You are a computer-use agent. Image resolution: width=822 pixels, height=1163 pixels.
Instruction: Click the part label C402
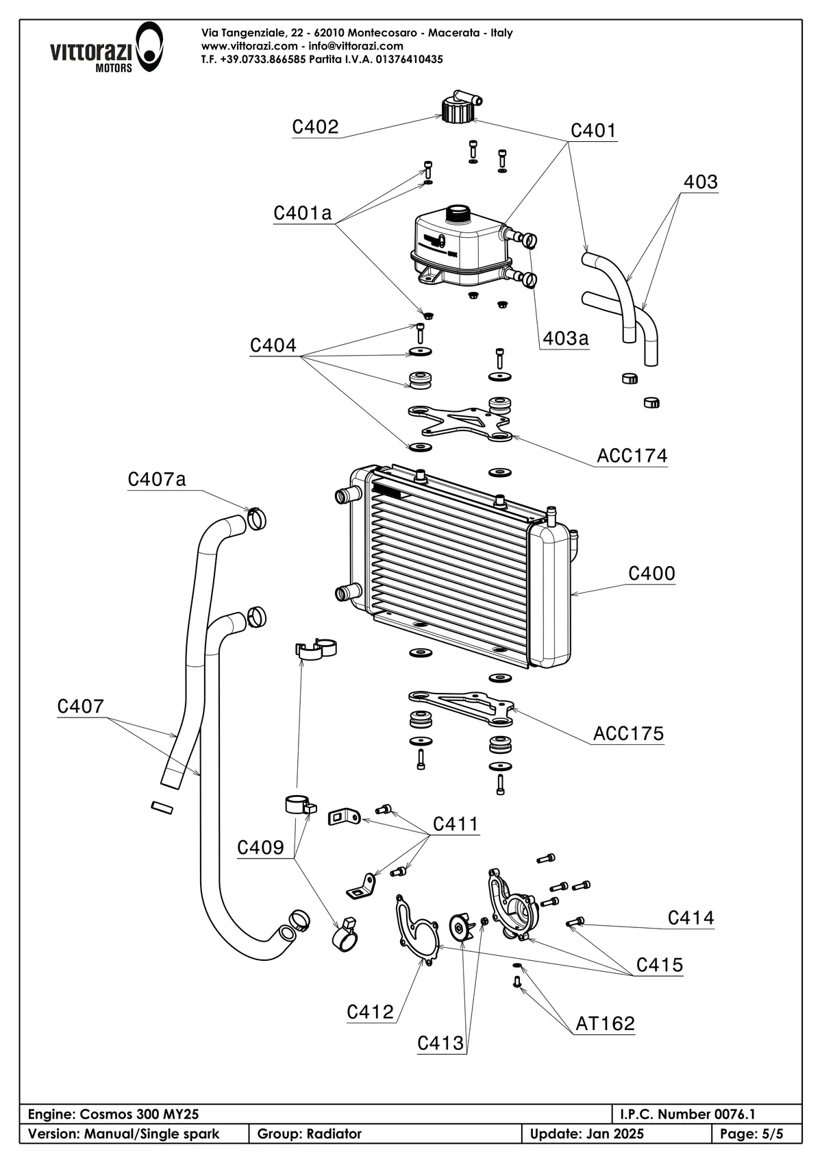(315, 127)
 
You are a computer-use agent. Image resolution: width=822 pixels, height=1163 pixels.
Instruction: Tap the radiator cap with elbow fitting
(459, 108)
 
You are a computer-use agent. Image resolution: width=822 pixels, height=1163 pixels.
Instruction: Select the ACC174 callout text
(632, 455)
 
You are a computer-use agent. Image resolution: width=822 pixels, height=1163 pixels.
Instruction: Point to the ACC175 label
(628, 733)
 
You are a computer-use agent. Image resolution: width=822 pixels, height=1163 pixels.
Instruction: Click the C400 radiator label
(652, 573)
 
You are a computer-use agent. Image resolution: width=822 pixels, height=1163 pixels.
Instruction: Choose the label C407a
(157, 478)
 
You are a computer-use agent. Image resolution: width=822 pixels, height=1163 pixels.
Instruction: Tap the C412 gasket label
(370, 1012)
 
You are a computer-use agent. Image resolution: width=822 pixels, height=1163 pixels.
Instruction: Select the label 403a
(566, 339)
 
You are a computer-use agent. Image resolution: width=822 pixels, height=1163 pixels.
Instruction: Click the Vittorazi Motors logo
(106, 48)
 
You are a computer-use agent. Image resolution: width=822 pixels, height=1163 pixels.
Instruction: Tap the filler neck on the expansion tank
(458, 213)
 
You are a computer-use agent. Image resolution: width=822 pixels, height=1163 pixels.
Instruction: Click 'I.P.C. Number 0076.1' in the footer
(688, 1114)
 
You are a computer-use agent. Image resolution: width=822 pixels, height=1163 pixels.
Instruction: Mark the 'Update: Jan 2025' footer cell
(586, 1134)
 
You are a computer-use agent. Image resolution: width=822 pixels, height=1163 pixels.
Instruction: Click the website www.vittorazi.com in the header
(249, 46)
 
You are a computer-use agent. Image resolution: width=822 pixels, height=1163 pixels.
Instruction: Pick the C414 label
(690, 918)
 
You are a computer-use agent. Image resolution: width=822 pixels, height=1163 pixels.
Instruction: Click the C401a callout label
(302, 213)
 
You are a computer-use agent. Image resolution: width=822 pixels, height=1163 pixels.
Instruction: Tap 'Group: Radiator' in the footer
(310, 1134)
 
